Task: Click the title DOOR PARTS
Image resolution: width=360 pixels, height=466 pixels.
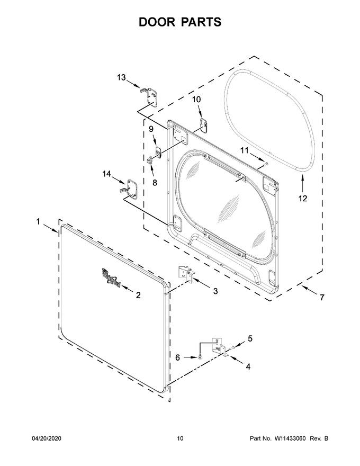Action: point(180,22)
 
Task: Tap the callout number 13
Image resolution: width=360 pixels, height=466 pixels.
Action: point(121,77)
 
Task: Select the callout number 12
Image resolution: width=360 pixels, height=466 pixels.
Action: point(303,198)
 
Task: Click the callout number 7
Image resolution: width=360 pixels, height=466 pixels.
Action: point(322,297)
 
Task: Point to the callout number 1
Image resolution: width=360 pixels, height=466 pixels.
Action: point(38,221)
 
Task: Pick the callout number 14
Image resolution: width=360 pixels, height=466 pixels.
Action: point(107,174)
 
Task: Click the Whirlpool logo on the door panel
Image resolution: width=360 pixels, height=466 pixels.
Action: point(111,277)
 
